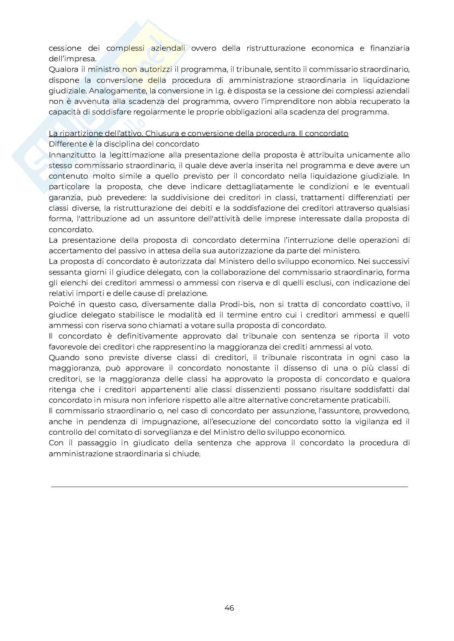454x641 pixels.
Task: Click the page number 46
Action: click(x=229, y=608)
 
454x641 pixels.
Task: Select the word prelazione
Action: click(x=187, y=293)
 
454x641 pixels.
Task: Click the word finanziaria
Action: click(x=389, y=48)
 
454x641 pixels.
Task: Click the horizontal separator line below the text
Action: click(x=229, y=486)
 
